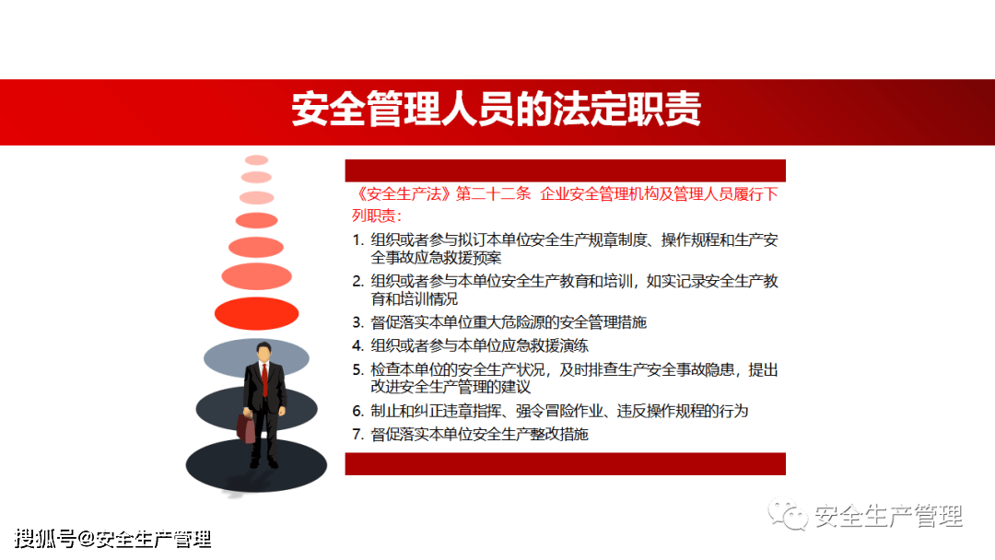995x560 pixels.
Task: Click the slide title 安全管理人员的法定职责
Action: pyautogui.click(x=497, y=109)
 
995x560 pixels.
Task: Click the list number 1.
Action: pyautogui.click(x=357, y=240)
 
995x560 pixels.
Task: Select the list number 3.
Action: pyautogui.click(x=357, y=322)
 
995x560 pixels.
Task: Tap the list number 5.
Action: pyautogui.click(x=357, y=369)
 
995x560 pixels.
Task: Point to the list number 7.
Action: pyautogui.click(x=357, y=435)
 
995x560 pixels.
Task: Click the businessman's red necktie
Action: pyautogui.click(x=264, y=379)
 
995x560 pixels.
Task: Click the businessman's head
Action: pyautogui.click(x=264, y=352)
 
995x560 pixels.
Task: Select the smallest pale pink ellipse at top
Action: pyautogui.click(x=256, y=160)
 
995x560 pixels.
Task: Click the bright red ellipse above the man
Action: pyautogui.click(x=256, y=313)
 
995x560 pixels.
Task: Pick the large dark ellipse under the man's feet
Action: pyautogui.click(x=256, y=465)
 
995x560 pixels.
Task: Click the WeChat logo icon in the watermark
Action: pyautogui.click(x=788, y=514)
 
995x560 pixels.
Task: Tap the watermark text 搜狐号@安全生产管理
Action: pyautogui.click(x=113, y=539)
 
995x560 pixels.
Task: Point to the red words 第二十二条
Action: pyautogui.click(x=493, y=194)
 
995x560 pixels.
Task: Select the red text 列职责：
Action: pyautogui.click(x=377, y=216)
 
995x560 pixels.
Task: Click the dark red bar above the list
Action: pyautogui.click(x=566, y=170)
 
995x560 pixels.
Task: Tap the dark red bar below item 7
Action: pyautogui.click(x=566, y=463)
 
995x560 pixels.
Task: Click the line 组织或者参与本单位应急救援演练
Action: pyautogui.click(x=480, y=345)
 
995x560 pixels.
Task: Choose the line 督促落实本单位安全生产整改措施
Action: pyautogui.click(x=480, y=435)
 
